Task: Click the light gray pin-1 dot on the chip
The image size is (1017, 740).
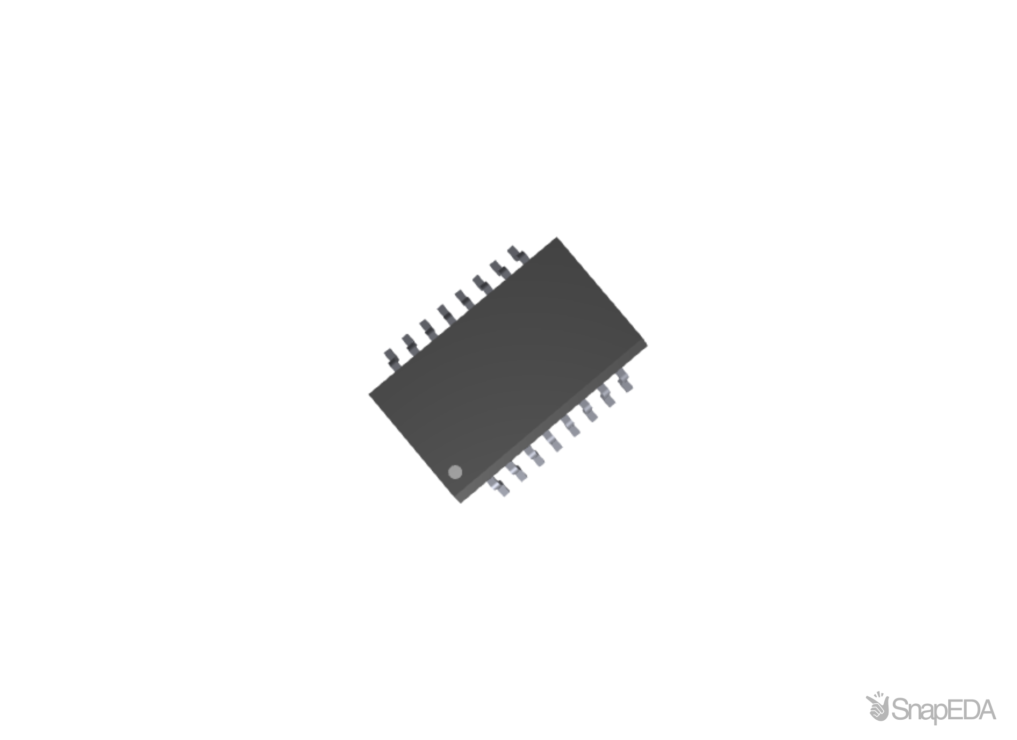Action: point(455,472)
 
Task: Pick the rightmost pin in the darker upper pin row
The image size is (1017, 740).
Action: point(517,254)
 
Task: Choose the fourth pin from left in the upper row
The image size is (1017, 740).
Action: point(444,314)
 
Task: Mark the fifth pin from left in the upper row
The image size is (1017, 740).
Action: point(463,299)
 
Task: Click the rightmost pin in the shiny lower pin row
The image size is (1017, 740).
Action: point(625,380)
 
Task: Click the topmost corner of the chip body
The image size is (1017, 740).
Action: point(557,237)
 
